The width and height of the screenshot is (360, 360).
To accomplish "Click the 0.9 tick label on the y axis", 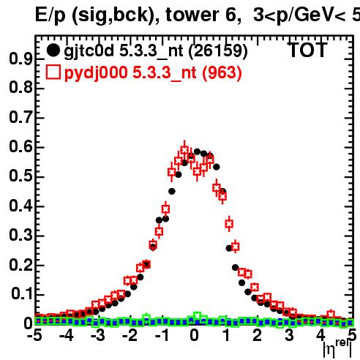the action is (x=20, y=59).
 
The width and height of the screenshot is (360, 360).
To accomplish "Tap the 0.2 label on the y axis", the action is (x=20, y=265).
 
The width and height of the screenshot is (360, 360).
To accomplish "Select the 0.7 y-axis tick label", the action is (x=20, y=117).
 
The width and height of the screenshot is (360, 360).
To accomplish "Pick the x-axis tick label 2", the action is (x=257, y=335).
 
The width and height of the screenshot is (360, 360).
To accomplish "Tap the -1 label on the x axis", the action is (x=162, y=335).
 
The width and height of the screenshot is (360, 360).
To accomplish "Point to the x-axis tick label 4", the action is (x=320, y=335).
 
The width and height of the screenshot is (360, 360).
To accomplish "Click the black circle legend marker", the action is (x=53, y=50).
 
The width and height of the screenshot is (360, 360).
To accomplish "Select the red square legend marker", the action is (x=53, y=72).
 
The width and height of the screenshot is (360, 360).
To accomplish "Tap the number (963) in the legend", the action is (x=222, y=73).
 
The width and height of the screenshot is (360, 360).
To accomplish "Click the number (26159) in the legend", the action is (x=218, y=51).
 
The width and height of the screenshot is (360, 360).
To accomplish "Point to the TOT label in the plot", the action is (x=308, y=50).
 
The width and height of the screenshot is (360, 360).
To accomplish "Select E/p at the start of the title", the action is (x=50, y=15).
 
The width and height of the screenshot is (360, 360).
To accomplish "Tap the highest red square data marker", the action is (x=184, y=150).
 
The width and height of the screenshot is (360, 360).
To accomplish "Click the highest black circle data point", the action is (x=197, y=151).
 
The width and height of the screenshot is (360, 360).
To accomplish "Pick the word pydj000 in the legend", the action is (x=96, y=73).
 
